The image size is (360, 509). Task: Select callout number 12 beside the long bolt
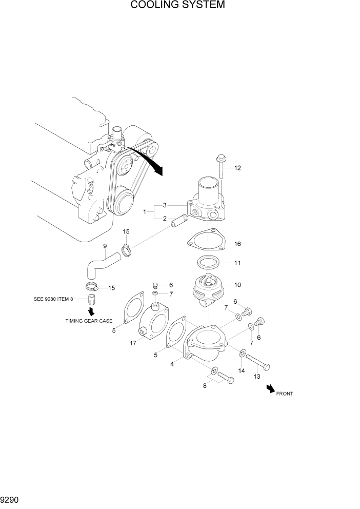click(237, 168)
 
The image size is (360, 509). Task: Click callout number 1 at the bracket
click(146, 211)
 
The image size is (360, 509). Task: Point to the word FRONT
click(285, 394)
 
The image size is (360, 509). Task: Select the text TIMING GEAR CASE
click(89, 321)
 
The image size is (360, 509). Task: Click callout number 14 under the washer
click(242, 370)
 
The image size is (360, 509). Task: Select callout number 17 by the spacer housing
click(133, 343)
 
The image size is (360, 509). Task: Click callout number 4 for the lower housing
click(172, 364)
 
